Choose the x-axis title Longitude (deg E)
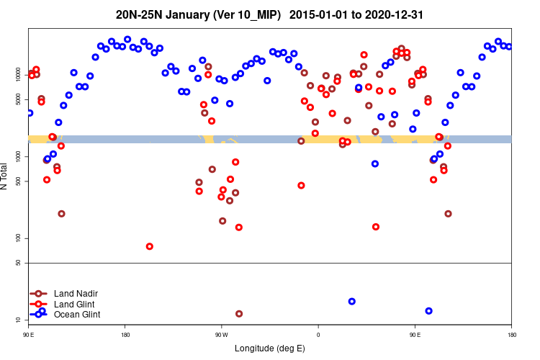tap(269, 348)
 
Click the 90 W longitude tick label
tap(221, 335)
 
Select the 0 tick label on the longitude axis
tap(318, 335)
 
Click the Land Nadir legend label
tap(76, 294)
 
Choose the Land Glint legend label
tap(74, 305)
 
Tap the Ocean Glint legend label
tap(77, 315)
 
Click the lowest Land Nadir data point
tap(239, 314)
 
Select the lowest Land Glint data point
tap(150, 246)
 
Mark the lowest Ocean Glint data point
tap(429, 311)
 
